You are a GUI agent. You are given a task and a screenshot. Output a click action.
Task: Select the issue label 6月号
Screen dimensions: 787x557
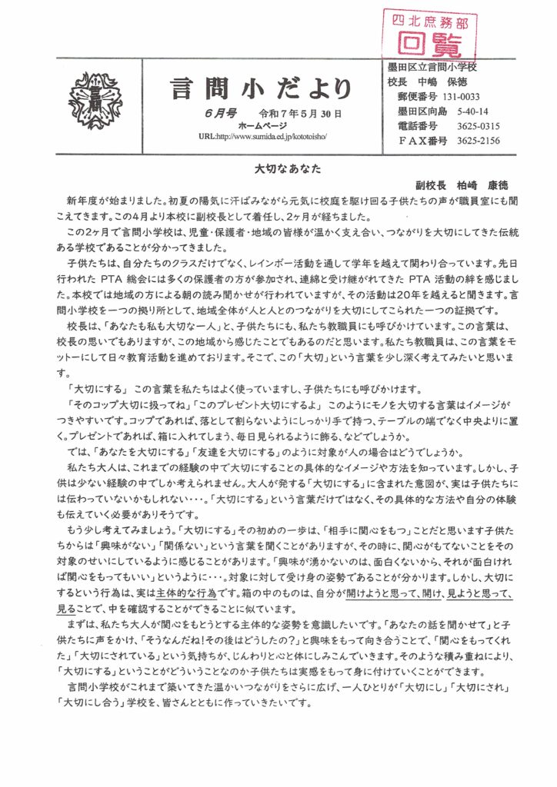202,112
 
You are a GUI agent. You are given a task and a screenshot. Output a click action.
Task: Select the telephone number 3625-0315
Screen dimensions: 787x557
478,127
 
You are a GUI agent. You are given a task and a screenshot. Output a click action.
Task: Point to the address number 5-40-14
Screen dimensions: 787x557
472,112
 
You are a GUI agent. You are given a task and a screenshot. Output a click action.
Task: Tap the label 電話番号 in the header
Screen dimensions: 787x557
417,127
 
